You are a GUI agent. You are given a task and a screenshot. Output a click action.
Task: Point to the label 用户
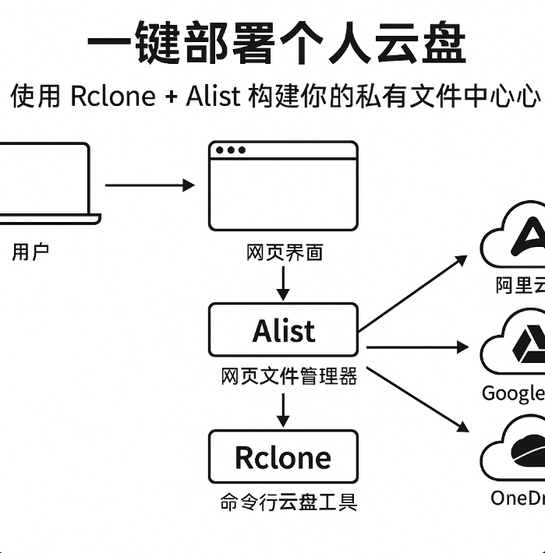click(31, 252)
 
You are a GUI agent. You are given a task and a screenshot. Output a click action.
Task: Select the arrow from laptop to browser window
click(148, 185)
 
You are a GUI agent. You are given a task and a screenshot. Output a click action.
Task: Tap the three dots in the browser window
click(230, 150)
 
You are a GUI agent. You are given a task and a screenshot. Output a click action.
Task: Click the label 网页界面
click(284, 252)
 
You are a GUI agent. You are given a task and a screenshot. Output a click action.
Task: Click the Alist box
click(283, 329)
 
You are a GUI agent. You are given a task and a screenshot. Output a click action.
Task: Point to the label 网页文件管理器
click(288, 377)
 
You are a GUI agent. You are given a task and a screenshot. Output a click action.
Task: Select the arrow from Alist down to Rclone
click(283, 409)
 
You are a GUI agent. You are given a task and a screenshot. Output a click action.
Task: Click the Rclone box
click(283, 456)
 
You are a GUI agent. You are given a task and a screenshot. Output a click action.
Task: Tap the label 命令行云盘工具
click(288, 502)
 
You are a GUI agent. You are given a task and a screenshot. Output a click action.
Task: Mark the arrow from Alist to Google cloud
click(417, 346)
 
